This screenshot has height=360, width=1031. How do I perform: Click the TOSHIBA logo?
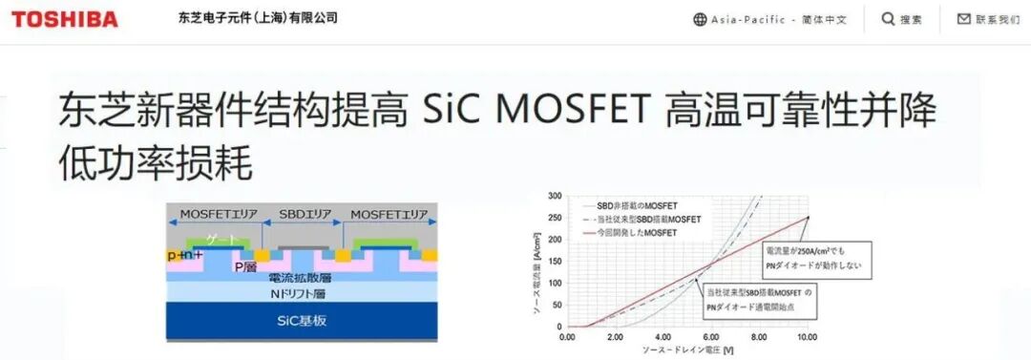pyautogui.click(x=65, y=19)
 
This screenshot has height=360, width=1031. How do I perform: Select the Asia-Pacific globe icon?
pyautogui.click(x=700, y=19)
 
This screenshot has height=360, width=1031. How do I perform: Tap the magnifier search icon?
pyautogui.click(x=888, y=19)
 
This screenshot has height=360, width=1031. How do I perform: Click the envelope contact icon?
pyautogui.click(x=963, y=19)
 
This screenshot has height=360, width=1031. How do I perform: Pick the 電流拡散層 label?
pyautogui.click(x=298, y=277)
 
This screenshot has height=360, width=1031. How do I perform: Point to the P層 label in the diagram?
pyautogui.click(x=245, y=266)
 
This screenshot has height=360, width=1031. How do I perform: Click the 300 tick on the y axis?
pyautogui.click(x=555, y=196)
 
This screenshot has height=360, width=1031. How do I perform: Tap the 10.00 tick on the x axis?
pyautogui.click(x=808, y=336)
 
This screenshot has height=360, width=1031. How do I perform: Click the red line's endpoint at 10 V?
pyautogui.click(x=808, y=218)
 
